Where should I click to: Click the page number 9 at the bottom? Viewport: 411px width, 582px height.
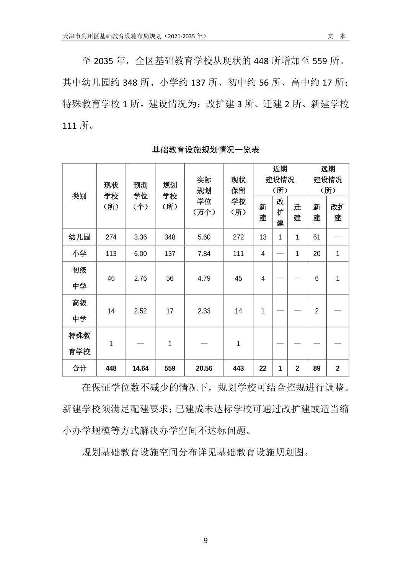tap(205, 541)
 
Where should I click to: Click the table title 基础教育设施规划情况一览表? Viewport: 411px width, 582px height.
tap(205, 150)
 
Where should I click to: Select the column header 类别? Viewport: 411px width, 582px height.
tap(79, 196)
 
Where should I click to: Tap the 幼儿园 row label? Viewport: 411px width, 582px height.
tap(79, 237)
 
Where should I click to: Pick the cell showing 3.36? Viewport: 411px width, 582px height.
tap(140, 237)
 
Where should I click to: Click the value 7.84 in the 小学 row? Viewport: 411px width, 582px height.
tap(204, 253)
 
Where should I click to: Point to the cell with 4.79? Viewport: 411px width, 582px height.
tap(204, 278)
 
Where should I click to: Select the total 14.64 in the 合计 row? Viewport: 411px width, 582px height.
tap(140, 368)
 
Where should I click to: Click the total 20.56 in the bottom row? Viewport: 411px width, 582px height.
tap(204, 368)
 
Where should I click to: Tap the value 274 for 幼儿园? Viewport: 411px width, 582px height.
tap(111, 237)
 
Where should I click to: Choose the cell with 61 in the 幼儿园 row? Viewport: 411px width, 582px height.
tap(317, 237)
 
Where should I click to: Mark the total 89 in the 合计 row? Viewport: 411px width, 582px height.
tap(317, 368)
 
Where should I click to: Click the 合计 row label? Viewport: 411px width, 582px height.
tap(79, 368)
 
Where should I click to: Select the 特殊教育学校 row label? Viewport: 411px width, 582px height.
tap(79, 343)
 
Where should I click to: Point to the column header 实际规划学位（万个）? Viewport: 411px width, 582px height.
tap(204, 196)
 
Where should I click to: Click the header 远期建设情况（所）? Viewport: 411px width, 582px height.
tap(328, 180)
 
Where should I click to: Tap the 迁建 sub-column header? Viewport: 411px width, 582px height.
tap(297, 213)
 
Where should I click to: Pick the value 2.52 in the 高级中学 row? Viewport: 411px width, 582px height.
tap(140, 311)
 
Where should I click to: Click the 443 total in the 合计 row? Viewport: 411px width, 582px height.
tap(238, 368)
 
